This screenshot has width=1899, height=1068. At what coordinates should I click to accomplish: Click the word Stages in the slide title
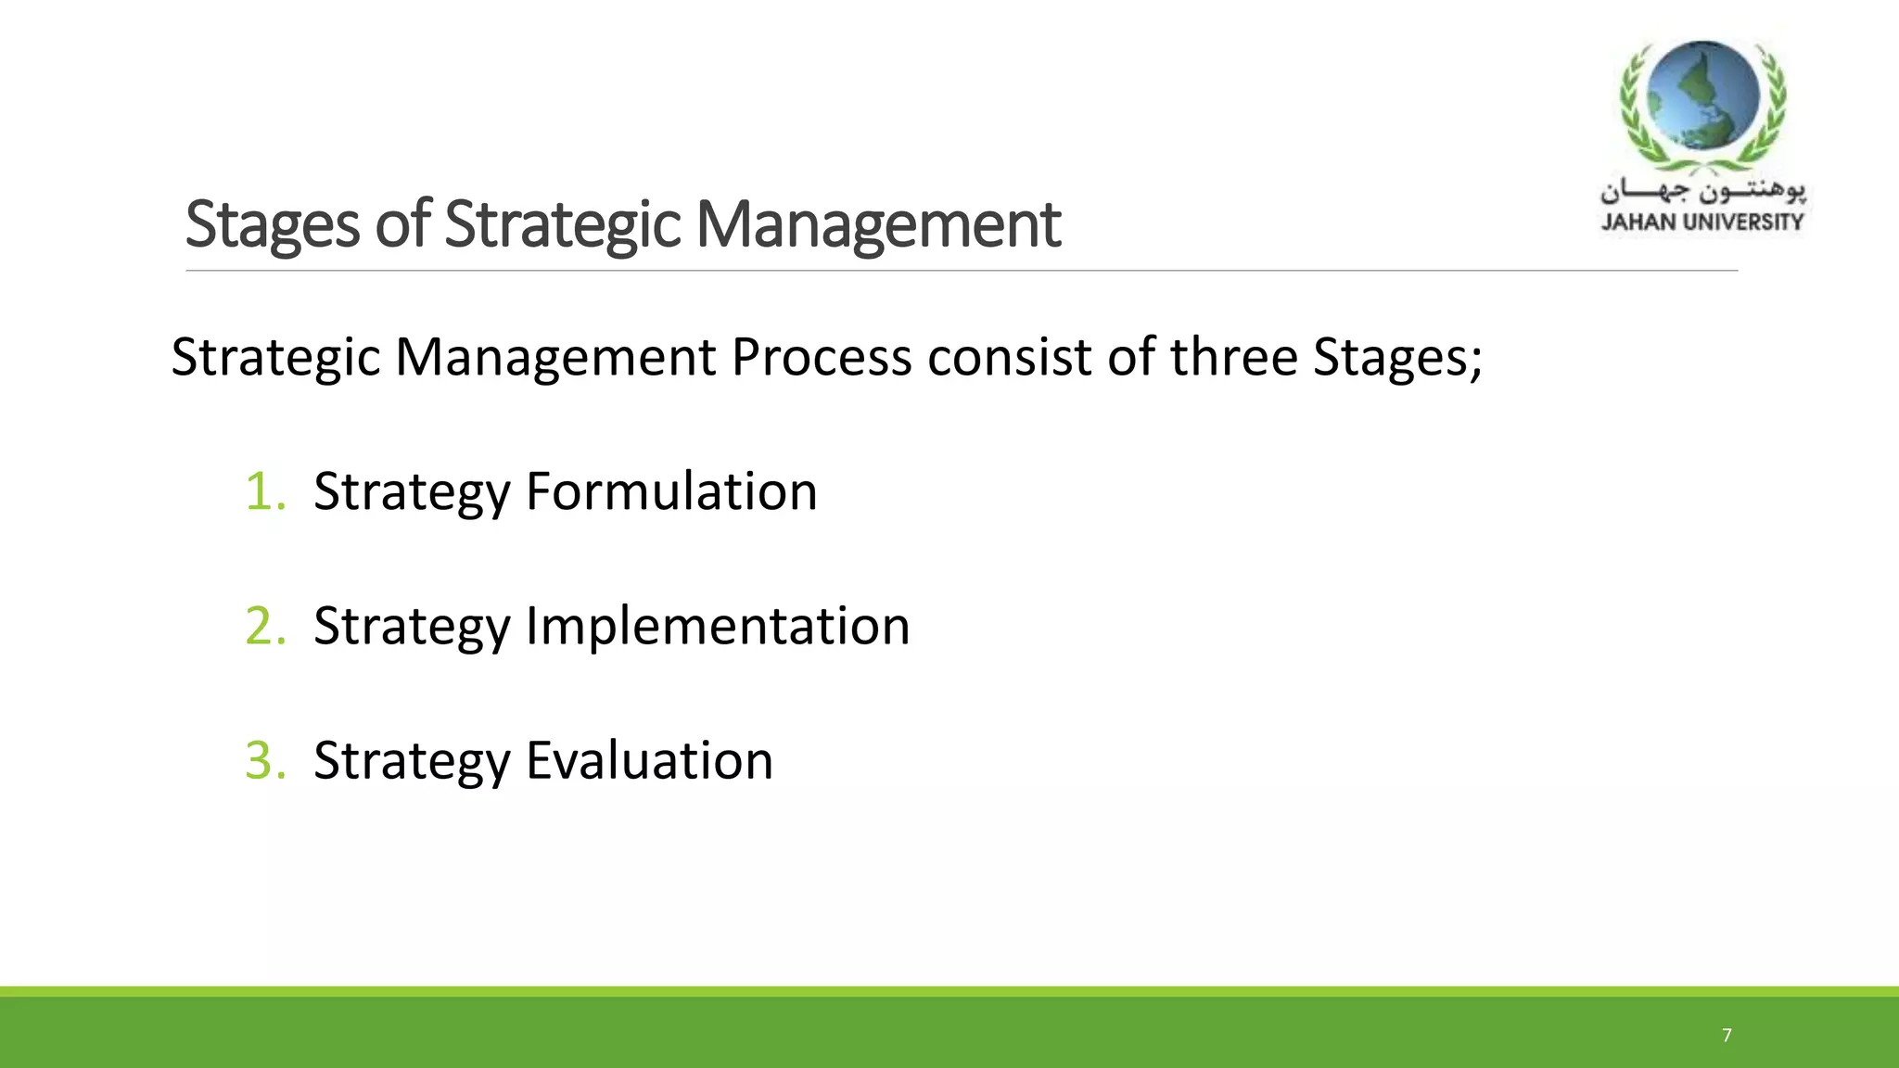(272, 224)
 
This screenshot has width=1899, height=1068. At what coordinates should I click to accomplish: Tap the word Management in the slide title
(878, 224)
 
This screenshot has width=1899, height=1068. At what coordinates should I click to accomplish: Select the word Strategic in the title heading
(563, 224)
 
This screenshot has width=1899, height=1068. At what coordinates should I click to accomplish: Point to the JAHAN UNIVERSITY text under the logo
(1701, 222)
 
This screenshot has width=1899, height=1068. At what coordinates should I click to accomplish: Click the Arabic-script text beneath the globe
(1702, 192)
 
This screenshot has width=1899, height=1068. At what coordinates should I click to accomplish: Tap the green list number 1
(263, 491)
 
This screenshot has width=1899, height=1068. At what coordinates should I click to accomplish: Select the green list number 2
(263, 626)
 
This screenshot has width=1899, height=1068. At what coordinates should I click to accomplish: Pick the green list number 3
(263, 760)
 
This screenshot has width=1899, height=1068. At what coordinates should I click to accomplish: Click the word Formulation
(671, 491)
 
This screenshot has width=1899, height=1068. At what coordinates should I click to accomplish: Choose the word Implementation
(718, 626)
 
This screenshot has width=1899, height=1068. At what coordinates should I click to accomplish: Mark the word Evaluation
(649, 760)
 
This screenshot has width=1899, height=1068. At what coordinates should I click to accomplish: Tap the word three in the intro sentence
(1233, 358)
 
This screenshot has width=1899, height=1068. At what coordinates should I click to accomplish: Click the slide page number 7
(1727, 1035)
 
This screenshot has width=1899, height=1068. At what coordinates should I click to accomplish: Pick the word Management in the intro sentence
(555, 358)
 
